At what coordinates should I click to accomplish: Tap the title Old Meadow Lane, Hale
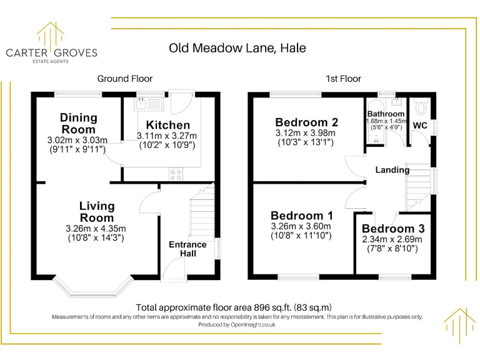[237, 48]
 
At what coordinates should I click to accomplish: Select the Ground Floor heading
[125, 79]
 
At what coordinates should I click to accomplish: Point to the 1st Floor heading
[343, 79]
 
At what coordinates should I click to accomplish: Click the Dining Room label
[79, 123]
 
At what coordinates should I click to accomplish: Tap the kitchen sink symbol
[147, 104]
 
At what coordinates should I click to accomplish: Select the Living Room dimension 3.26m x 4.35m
[96, 228]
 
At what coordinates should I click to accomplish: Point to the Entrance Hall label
[187, 249]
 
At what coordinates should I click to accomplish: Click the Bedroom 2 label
[306, 122]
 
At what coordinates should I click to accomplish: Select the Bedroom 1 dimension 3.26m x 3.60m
[301, 226]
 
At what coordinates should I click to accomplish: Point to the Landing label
[392, 169]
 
